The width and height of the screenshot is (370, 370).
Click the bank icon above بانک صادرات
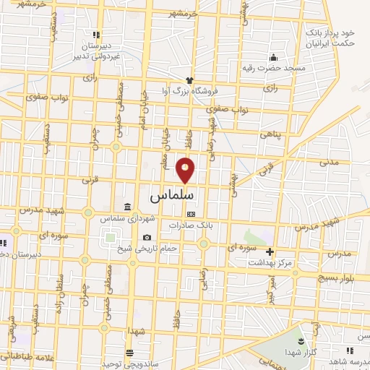(x=191, y=214)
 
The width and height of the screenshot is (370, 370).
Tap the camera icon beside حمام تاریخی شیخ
(x=147, y=238)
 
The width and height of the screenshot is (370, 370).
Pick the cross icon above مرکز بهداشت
(x=270, y=252)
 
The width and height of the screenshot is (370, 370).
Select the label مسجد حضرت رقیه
(x=274, y=68)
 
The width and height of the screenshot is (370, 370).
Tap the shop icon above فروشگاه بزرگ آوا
(x=189, y=81)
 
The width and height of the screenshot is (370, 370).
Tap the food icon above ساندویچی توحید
(x=129, y=353)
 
